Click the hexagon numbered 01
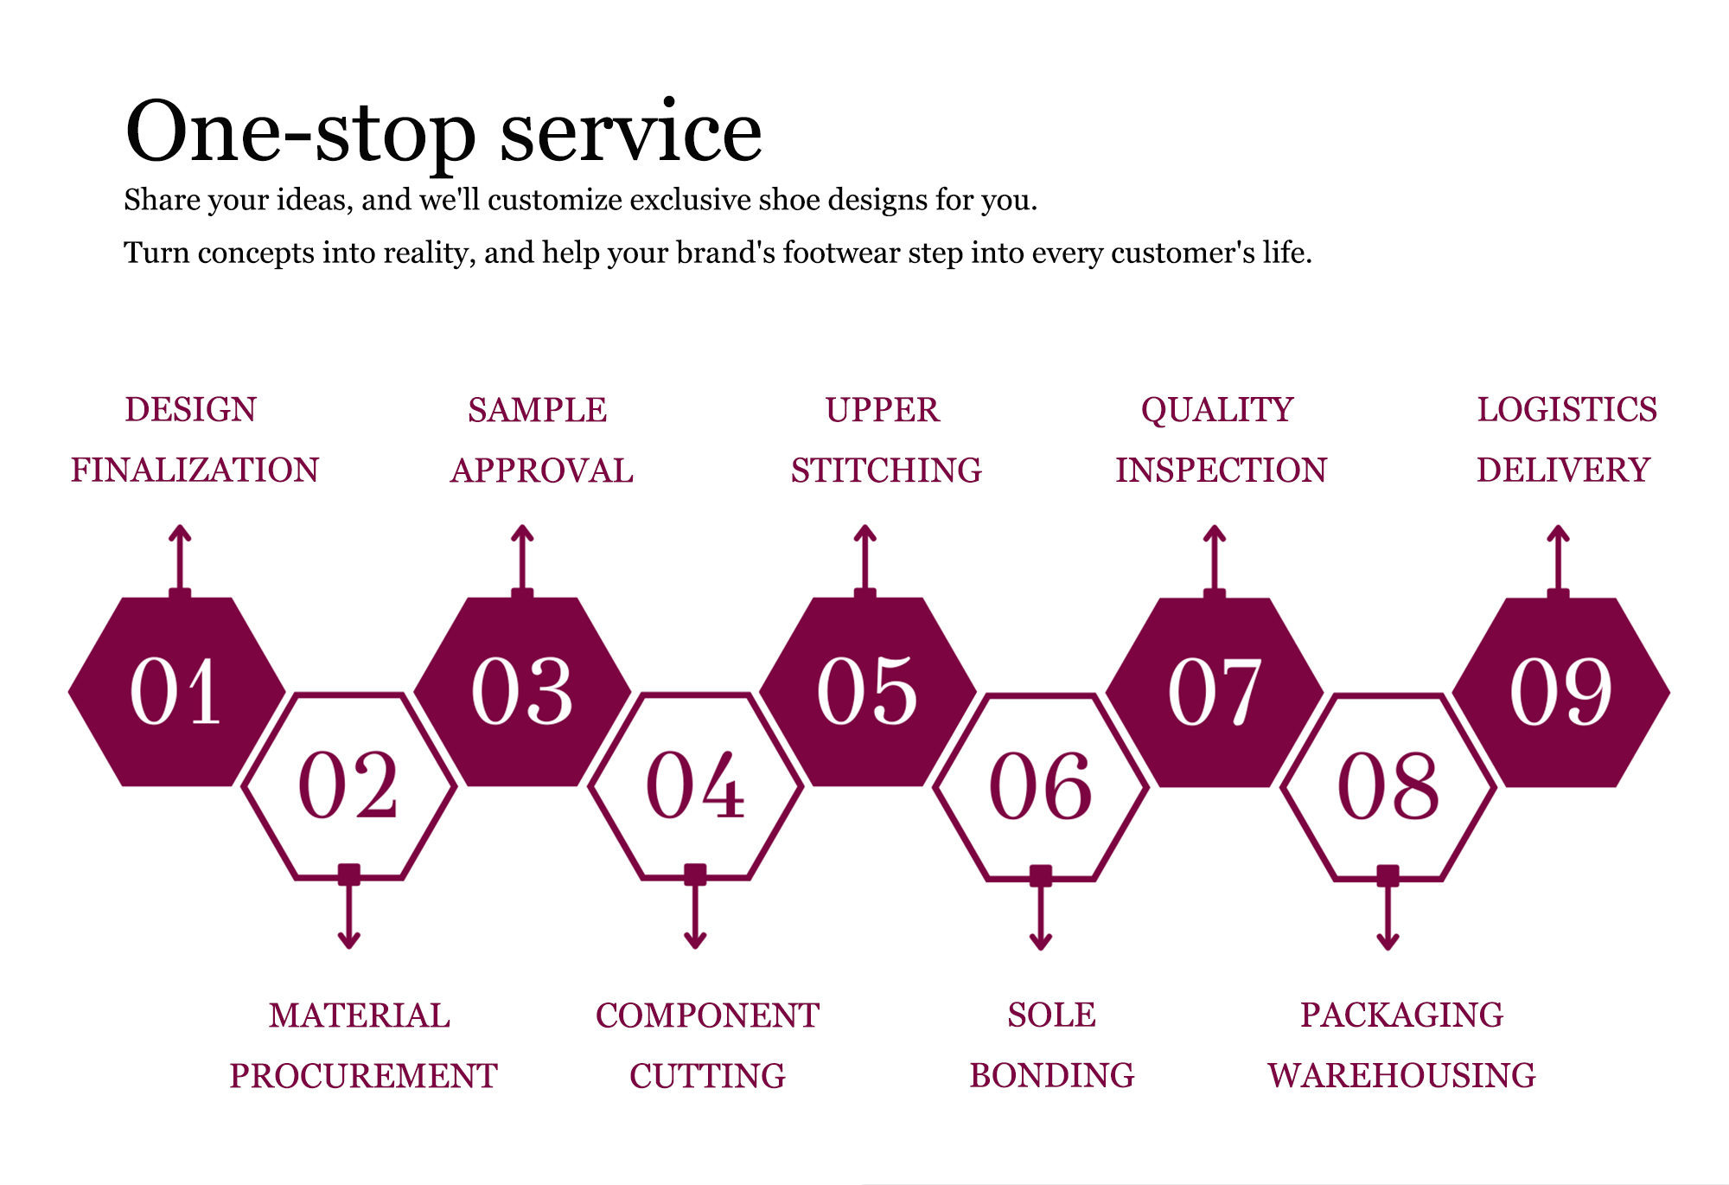coord(177,692)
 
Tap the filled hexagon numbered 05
coord(868,692)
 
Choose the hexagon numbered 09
coord(1561,692)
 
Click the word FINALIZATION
coord(195,471)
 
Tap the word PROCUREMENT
coord(363,1076)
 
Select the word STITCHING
coord(886,471)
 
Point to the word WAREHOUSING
coord(1401,1076)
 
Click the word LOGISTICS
coord(1566,410)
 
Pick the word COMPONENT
coord(707,1015)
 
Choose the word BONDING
coord(1051,1076)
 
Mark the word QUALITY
coord(1217,410)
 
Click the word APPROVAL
coord(542,471)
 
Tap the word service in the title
coord(631,131)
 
